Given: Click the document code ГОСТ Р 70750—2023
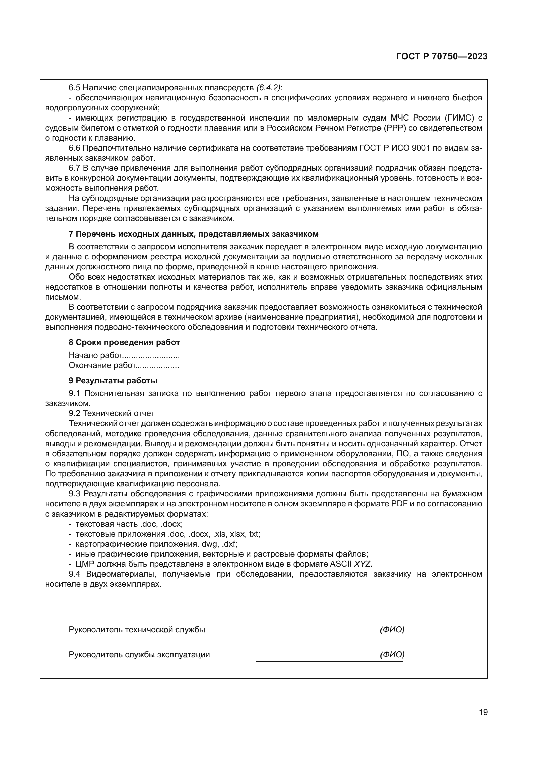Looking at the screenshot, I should (442, 57).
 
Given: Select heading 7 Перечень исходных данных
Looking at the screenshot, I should (193, 234).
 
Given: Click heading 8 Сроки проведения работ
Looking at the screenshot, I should (124, 342).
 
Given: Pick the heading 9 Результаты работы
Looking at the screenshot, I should (113, 381).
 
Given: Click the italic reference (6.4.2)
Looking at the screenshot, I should (269, 88).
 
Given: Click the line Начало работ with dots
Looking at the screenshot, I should (124, 356).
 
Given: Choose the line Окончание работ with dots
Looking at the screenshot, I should (124, 366).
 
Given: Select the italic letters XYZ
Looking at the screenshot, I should (363, 564).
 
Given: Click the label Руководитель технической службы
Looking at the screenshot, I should (137, 630).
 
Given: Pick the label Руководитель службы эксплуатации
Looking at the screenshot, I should (139, 655).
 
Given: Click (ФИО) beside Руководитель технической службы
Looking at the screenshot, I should (392, 630).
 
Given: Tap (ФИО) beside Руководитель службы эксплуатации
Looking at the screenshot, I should (392, 654).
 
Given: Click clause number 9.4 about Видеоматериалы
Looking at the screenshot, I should (74, 574).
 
